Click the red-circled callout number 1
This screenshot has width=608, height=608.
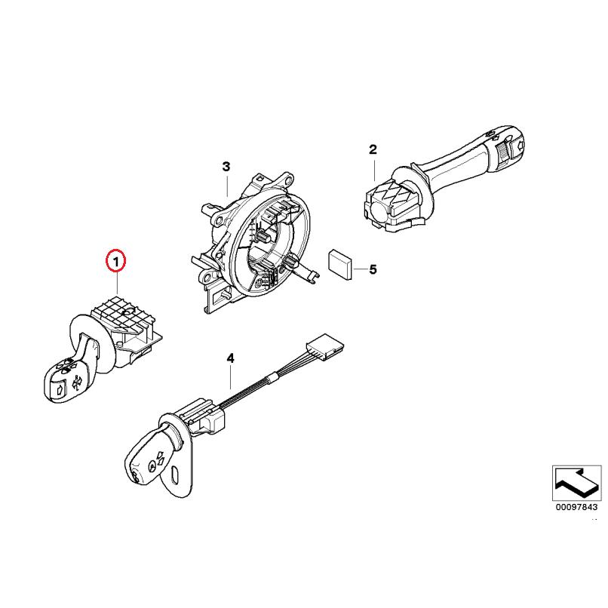(x=115, y=263)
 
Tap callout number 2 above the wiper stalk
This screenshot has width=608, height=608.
(x=372, y=150)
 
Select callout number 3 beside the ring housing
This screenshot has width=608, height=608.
(x=225, y=166)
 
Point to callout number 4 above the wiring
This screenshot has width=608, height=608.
(x=231, y=359)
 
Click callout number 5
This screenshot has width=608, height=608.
(x=372, y=269)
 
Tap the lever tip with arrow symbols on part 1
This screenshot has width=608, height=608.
(x=63, y=377)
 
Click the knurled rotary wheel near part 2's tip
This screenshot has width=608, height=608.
(x=501, y=152)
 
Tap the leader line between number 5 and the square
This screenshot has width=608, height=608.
(x=359, y=269)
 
